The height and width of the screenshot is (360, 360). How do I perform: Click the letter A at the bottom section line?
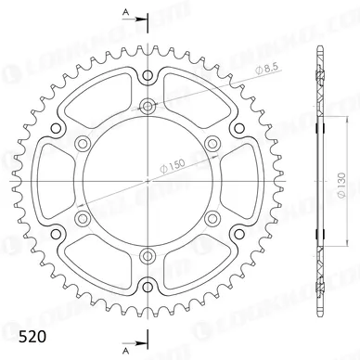click(x=125, y=351)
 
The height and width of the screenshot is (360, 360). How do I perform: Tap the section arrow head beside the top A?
click(x=139, y=17)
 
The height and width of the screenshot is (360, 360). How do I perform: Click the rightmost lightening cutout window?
click(x=244, y=181)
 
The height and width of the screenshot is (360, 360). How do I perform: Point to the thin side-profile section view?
click(x=317, y=181)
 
